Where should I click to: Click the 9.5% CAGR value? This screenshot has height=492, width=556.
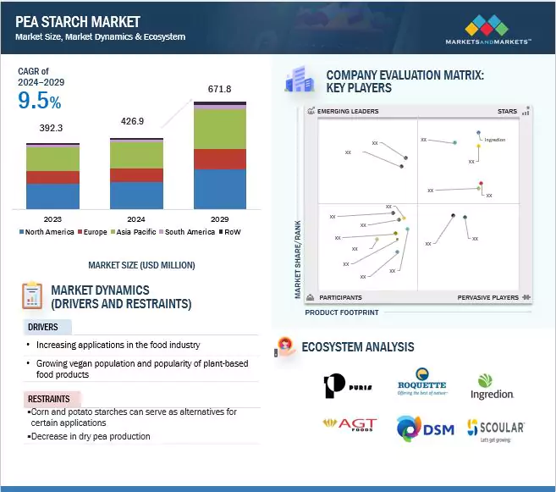[40, 102]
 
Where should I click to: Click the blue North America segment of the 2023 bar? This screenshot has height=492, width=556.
[52, 196]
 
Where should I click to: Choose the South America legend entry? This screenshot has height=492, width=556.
[188, 231]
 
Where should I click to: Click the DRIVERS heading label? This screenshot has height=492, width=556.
[43, 327]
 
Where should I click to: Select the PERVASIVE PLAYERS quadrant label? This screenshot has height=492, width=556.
[489, 297]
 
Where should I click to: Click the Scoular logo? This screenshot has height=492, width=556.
[496, 429]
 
